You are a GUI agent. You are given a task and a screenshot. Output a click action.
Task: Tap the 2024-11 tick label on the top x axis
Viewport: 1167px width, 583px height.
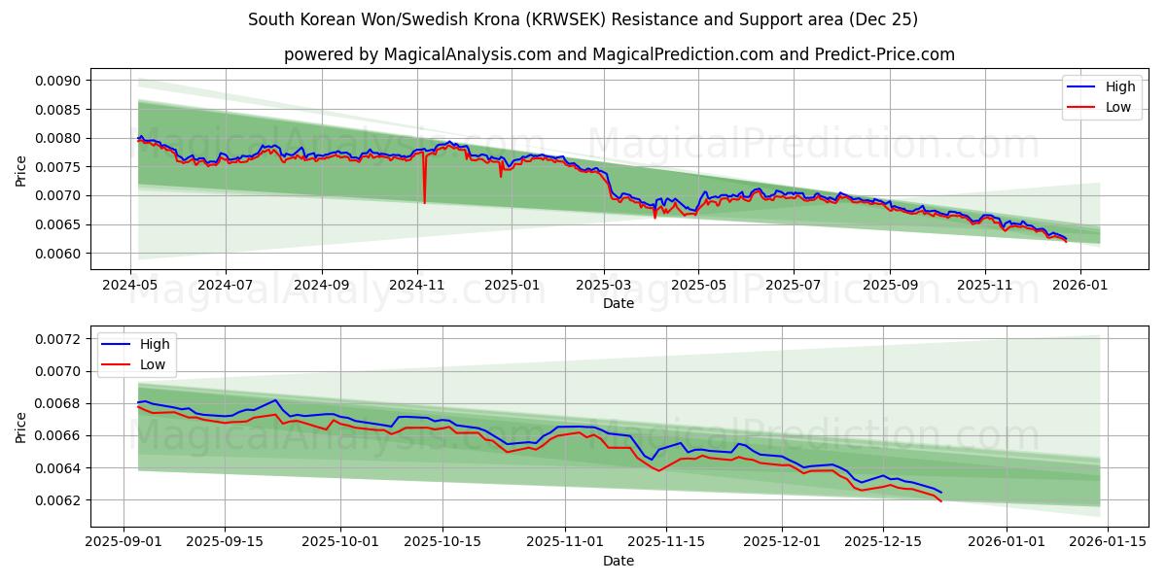416,286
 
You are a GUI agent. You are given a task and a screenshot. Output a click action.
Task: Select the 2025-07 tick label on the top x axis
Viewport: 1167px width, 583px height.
793,286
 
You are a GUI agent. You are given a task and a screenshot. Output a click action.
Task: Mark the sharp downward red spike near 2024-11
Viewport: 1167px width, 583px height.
424,201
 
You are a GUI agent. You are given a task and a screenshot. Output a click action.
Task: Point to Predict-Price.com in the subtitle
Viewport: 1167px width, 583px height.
894,54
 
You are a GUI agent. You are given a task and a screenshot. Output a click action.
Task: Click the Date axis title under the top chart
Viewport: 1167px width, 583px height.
619,303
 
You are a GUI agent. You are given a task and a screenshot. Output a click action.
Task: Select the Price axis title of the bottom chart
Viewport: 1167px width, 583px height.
21,427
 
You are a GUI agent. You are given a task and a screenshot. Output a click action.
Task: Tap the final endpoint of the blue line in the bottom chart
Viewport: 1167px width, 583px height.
940,493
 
